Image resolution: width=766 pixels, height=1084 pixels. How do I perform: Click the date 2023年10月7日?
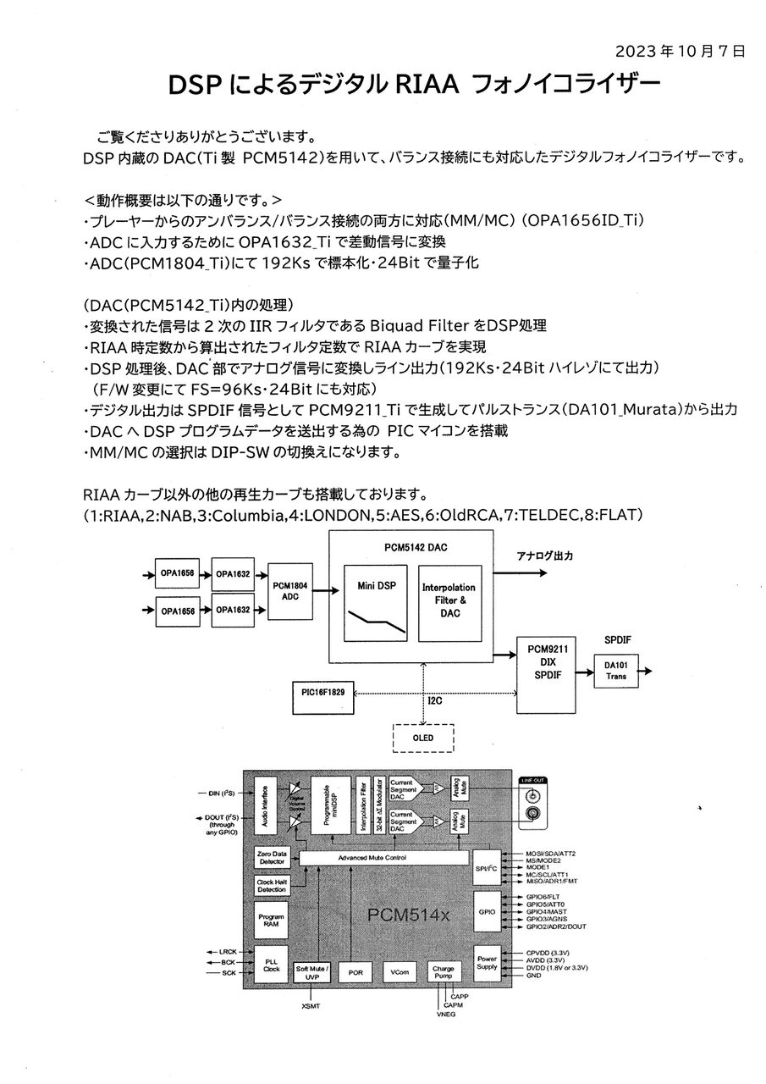click(x=680, y=52)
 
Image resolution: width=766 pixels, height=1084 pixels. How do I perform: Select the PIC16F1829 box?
click(x=323, y=697)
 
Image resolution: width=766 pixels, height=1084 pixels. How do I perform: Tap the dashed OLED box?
click(x=423, y=738)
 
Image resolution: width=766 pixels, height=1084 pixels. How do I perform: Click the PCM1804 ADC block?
click(x=290, y=591)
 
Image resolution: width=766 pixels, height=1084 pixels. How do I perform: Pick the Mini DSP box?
click(x=376, y=603)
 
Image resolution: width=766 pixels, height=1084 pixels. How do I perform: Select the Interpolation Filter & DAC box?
click(x=449, y=603)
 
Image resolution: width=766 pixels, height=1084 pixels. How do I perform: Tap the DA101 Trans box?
click(x=616, y=672)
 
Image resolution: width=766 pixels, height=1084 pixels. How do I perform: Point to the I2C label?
click(x=435, y=700)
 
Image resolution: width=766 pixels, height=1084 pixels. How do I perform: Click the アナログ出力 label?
click(x=545, y=556)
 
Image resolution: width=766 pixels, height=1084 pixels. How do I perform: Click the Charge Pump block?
click(x=443, y=971)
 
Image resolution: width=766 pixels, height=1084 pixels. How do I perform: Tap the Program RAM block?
click(x=272, y=921)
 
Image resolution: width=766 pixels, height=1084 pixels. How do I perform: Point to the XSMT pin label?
click(x=311, y=1006)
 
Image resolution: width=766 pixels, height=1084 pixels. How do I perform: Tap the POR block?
click(x=355, y=972)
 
